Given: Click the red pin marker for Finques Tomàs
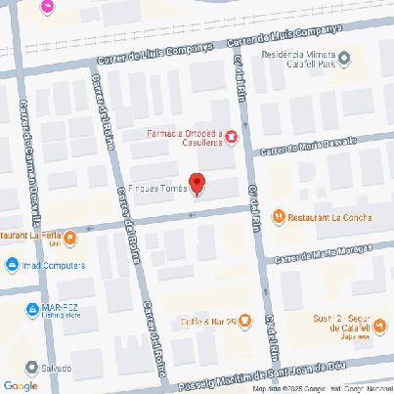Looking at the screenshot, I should [x=197, y=184].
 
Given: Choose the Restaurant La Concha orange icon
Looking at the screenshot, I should [x=279, y=216].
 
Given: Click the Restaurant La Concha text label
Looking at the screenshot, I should [x=328, y=216].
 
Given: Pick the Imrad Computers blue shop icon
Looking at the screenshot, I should [x=11, y=265].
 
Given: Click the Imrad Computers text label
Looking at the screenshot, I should [x=51, y=265].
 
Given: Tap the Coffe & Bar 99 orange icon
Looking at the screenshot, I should [x=244, y=321].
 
